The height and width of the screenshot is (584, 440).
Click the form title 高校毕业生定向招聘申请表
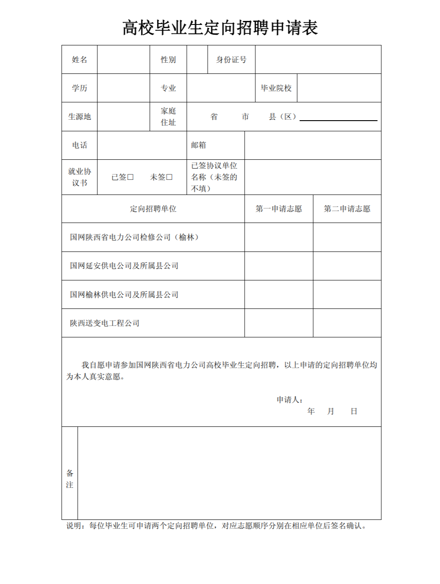[220, 28]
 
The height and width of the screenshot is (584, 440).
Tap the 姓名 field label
[80, 60]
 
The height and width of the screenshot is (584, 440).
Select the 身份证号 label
[231, 60]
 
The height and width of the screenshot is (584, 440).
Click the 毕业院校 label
[276, 88]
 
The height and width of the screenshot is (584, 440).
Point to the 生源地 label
[80, 117]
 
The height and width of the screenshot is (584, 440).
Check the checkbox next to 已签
[130, 177]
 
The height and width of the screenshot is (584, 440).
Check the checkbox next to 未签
[169, 177]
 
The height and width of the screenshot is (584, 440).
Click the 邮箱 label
[198, 145]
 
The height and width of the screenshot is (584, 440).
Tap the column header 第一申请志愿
[279, 209]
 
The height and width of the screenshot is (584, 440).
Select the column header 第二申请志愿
[347, 209]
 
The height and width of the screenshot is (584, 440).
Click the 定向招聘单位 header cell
[153, 209]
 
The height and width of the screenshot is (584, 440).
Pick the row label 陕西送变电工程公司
[105, 323]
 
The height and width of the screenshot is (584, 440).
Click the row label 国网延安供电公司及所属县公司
[124, 266]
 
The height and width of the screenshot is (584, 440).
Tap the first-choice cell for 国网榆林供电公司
[279, 294]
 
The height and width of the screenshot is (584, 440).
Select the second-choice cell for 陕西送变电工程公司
[347, 323]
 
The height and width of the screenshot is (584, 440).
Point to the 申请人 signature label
[289, 400]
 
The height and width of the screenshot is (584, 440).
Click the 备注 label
[70, 479]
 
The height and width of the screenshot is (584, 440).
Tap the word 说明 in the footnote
[74, 526]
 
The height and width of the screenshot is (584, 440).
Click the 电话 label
[80, 145]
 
